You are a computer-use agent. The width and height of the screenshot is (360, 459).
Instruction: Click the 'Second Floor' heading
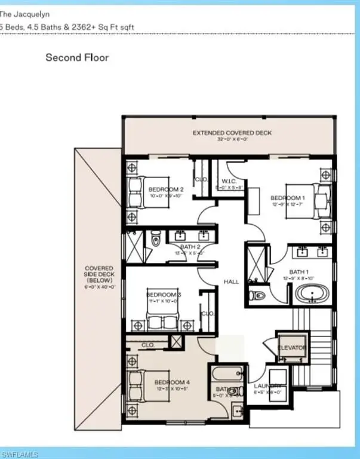[78, 58]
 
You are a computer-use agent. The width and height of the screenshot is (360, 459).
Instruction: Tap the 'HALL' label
[232, 281]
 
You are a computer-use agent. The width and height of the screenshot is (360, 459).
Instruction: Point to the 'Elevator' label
[293, 347]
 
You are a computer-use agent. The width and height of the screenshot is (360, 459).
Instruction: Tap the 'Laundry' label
[265, 387]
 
